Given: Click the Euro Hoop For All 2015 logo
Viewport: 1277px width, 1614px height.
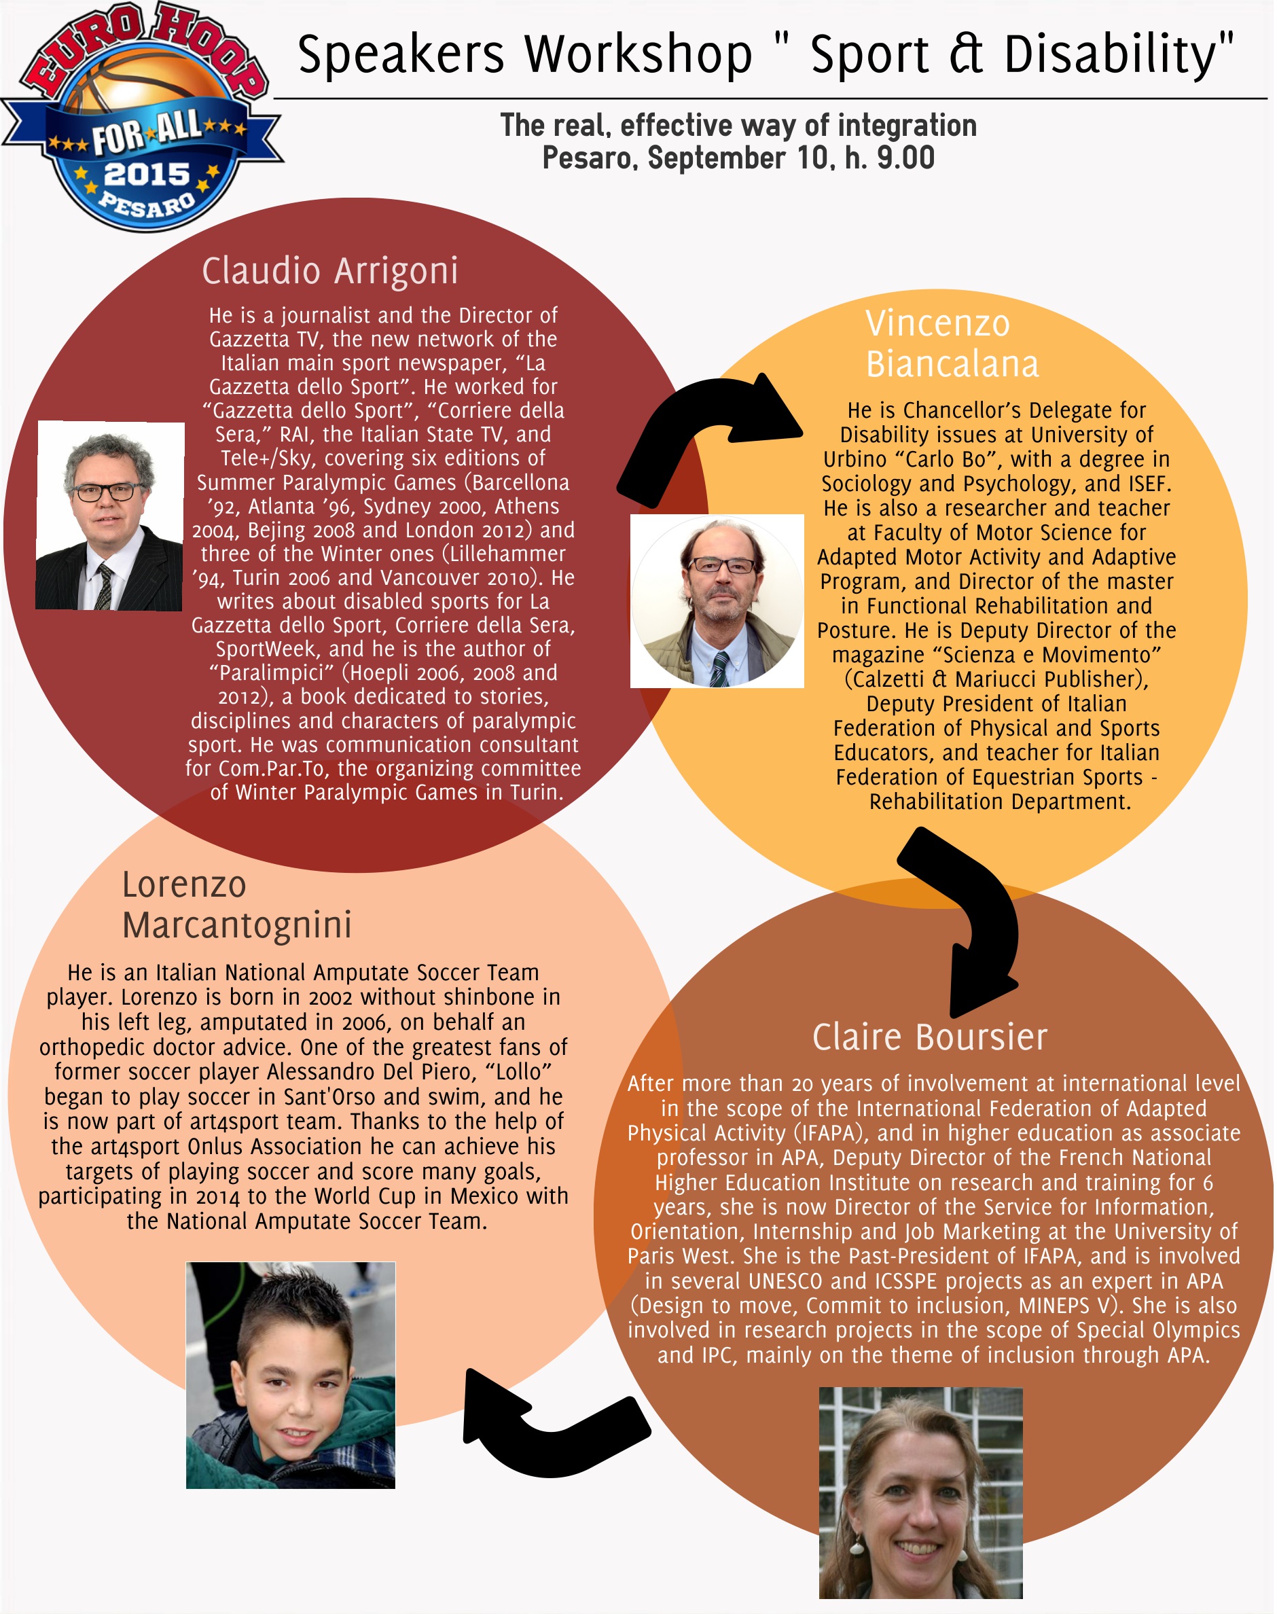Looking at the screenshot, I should click(x=142, y=116).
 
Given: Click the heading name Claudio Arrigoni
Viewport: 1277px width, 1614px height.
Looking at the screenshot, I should click(x=329, y=270).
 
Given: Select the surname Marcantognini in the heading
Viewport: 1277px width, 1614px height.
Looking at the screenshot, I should click(x=237, y=925).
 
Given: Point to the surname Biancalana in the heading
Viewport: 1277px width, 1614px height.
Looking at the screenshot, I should click(x=952, y=364).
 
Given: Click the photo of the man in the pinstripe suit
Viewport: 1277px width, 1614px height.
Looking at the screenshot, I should click(x=110, y=516).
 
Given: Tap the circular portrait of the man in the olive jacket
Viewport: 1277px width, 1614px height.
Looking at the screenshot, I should click(x=717, y=601).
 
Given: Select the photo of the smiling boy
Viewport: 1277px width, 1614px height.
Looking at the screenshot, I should click(x=291, y=1375).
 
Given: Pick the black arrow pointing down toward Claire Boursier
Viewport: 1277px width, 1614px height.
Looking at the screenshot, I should click(x=965, y=920).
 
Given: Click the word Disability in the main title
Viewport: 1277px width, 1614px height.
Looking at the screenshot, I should click(x=1119, y=54).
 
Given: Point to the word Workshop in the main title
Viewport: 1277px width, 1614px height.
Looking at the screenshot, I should click(x=638, y=54).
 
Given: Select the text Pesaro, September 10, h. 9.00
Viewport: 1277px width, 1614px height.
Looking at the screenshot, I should click(x=738, y=158).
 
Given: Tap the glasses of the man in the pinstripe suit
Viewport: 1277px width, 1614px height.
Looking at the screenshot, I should click(x=106, y=492).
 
